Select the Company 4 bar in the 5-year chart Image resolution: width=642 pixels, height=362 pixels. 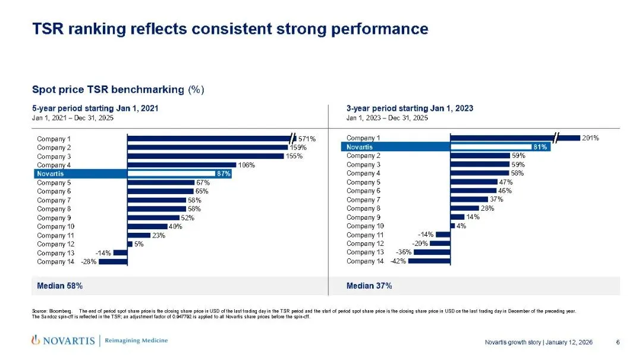coord(181,165)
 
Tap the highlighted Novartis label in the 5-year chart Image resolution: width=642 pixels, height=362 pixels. coord(51,174)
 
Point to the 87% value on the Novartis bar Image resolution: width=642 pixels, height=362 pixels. coord(224,174)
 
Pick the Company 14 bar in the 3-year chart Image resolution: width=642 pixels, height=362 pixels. coord(429,261)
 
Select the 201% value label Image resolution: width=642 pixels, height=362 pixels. coord(590,138)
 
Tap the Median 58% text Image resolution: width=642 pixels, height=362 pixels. coord(60,286)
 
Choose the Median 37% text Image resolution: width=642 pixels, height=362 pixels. coord(369,286)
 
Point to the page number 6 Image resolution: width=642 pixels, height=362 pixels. coord(618,342)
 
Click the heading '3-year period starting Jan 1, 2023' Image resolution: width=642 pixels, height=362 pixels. coord(410,108)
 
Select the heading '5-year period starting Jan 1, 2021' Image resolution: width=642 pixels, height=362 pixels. coord(95,108)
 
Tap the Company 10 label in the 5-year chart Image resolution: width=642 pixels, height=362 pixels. coord(56,227)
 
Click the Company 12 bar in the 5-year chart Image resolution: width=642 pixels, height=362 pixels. coord(130,244)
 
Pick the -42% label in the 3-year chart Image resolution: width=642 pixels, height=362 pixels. coord(398,262)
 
